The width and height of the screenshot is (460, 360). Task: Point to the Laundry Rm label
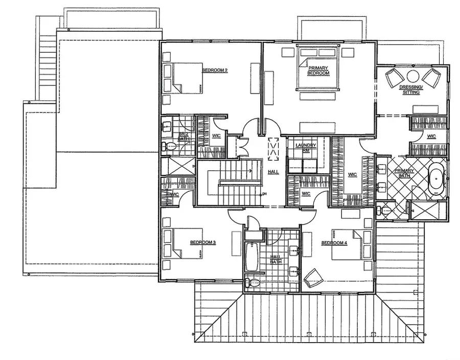306,147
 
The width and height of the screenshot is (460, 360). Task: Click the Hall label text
273,172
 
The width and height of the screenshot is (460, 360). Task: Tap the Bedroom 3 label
202,242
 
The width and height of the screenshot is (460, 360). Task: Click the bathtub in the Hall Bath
251,258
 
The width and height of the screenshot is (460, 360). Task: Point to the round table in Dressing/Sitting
413,75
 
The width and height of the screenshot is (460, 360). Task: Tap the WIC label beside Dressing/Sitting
431,136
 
